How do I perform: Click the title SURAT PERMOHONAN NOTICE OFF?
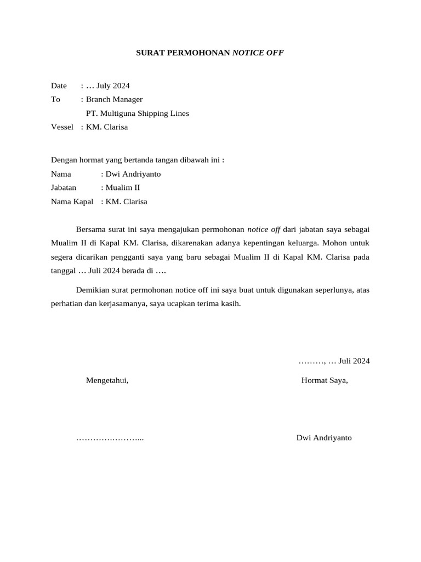click(x=210, y=53)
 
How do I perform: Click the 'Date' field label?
click(x=59, y=86)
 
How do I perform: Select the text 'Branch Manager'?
click(x=114, y=99)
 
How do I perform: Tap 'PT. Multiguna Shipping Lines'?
click(x=138, y=114)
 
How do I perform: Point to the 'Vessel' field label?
click(x=62, y=127)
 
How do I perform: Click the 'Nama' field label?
click(x=61, y=174)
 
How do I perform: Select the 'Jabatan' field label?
click(x=64, y=188)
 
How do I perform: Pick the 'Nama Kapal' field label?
click(x=72, y=201)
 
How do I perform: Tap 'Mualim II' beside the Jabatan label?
click(x=123, y=188)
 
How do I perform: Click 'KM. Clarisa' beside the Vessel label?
click(x=107, y=127)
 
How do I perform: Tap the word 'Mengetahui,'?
click(x=107, y=380)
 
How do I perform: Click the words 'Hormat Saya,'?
click(x=325, y=380)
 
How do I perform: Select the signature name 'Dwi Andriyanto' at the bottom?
click(x=324, y=438)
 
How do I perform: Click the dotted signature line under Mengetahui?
click(x=110, y=439)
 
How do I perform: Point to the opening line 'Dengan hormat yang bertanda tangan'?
click(x=138, y=160)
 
